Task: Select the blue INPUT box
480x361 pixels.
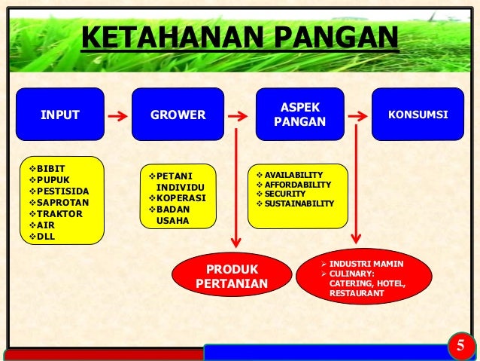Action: (60, 115)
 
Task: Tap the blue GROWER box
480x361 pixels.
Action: (178, 115)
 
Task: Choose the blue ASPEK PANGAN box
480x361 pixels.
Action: (300, 115)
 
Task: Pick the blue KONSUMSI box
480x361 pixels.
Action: (418, 115)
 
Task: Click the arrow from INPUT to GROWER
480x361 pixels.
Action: (116, 117)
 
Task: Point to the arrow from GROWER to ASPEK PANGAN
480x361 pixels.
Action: (237, 117)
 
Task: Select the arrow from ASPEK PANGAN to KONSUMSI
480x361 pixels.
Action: (360, 117)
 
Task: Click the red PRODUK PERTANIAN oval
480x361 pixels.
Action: (231, 277)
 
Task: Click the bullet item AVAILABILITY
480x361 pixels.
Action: (293, 174)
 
